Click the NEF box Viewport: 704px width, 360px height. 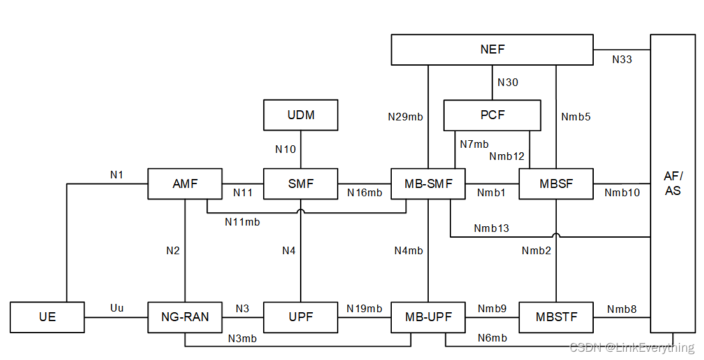pyautogui.click(x=492, y=50)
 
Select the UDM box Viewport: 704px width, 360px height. pyautogui.click(x=301, y=115)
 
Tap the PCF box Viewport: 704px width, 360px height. pyautogui.click(x=492, y=115)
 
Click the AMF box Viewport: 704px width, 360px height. pyautogui.click(x=185, y=184)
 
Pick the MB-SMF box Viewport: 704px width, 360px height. pyautogui.click(x=428, y=184)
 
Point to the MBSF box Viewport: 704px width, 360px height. pyautogui.click(x=556, y=184)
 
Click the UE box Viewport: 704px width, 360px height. pyautogui.click(x=47, y=317)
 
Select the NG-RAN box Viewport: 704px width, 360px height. pyautogui.click(x=185, y=317)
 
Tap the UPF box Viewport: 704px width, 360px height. pyautogui.click(x=301, y=317)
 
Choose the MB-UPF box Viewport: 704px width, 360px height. pyautogui.click(x=428, y=317)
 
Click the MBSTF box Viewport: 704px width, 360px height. pyautogui.click(x=556, y=317)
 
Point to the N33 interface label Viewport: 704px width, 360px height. pyautogui.click(x=622, y=59)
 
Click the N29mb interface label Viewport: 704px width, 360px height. pyautogui.click(x=405, y=117)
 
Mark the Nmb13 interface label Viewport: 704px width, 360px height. pyautogui.click(x=491, y=228)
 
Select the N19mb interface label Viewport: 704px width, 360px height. pyautogui.click(x=364, y=309)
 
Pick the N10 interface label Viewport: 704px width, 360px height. pyautogui.click(x=285, y=149)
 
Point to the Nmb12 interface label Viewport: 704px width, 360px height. pyautogui.click(x=507, y=156)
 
